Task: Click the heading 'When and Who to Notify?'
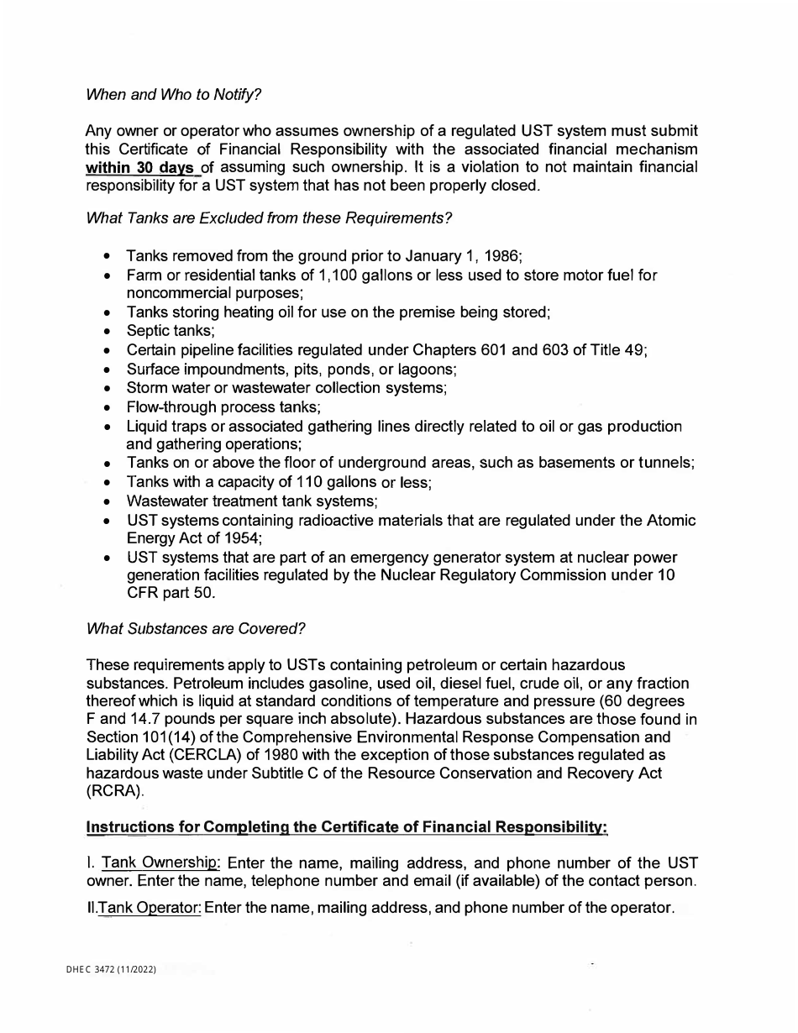point(174,94)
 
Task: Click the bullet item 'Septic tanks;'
point(171,331)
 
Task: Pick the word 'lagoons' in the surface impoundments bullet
point(427,369)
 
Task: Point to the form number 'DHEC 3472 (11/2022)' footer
point(111,971)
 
